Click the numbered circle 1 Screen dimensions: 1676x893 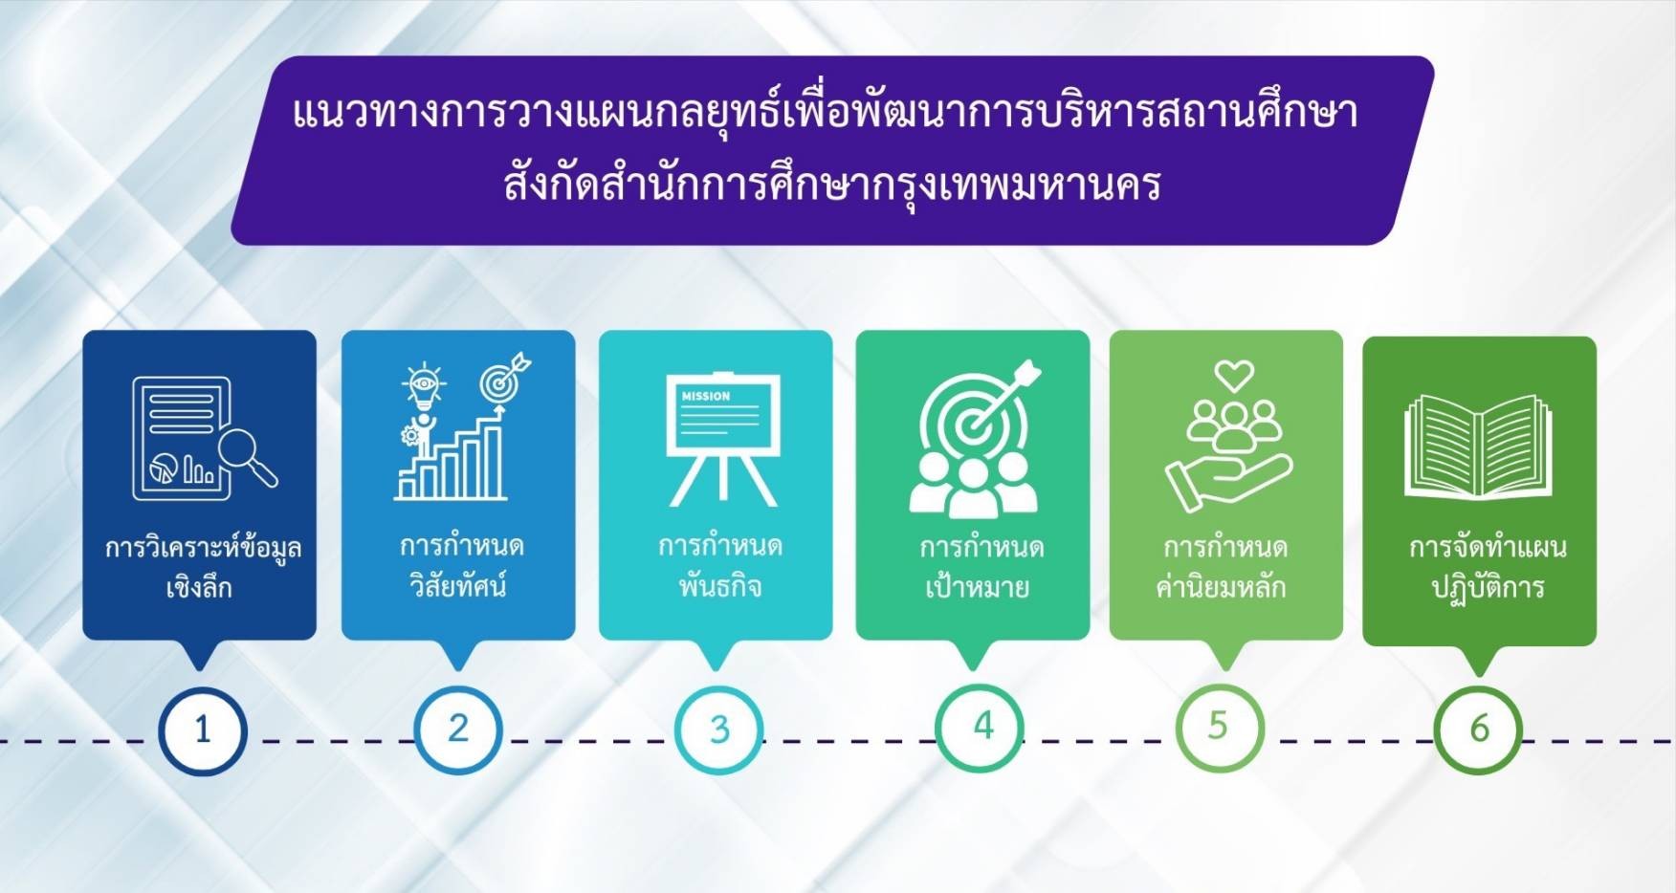click(x=203, y=731)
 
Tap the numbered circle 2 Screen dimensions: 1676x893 click(x=458, y=730)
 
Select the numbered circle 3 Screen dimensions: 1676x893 click(x=718, y=730)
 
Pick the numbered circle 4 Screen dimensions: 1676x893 click(x=980, y=729)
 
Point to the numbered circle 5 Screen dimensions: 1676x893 click(x=1220, y=729)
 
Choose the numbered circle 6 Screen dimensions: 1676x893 click(x=1479, y=730)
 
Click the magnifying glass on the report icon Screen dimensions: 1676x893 click(x=247, y=457)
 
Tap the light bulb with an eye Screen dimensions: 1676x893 click(x=423, y=387)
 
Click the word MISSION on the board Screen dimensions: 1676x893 click(x=706, y=396)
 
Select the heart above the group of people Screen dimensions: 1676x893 click(x=1234, y=375)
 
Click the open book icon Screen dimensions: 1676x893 click(x=1478, y=446)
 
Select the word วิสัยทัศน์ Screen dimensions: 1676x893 click(x=458, y=584)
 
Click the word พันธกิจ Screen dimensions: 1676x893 click(x=719, y=585)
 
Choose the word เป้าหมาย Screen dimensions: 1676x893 click(x=977, y=584)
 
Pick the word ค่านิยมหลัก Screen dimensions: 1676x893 click(x=1222, y=585)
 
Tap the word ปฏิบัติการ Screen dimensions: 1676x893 click(x=1488, y=585)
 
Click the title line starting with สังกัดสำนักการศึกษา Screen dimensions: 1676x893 click(x=832, y=184)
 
